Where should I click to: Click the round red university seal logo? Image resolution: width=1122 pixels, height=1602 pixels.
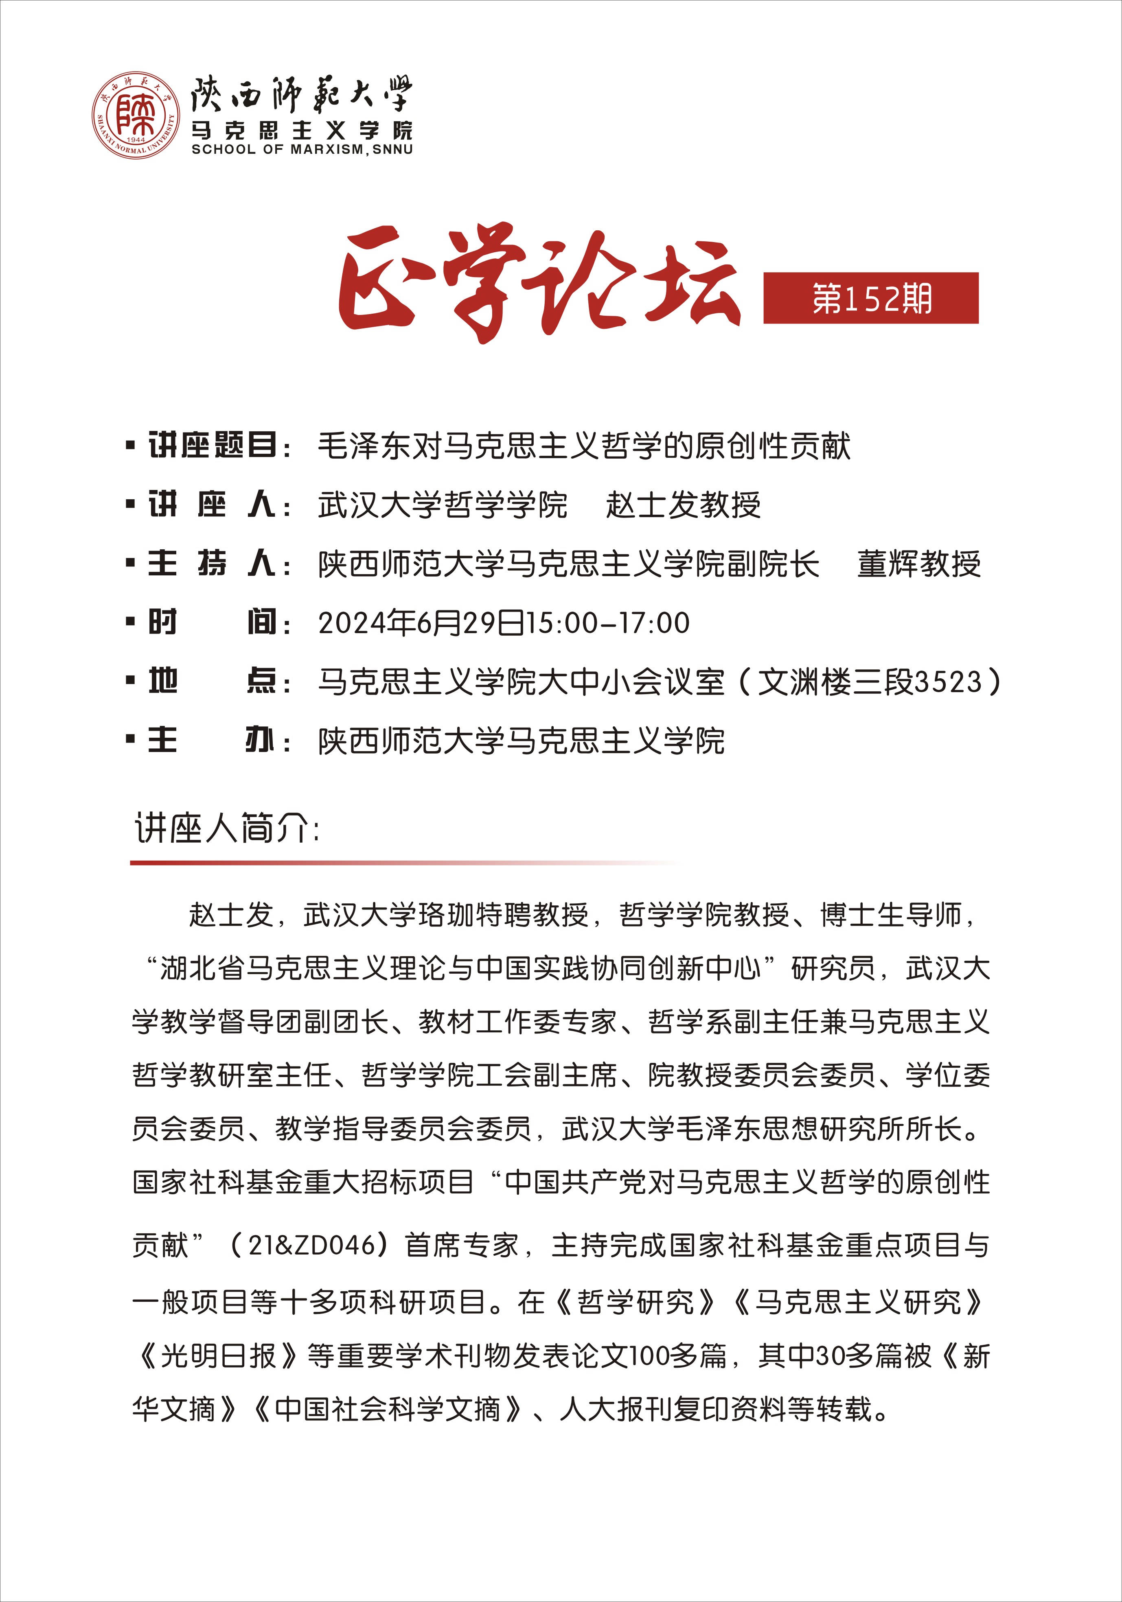coord(136,115)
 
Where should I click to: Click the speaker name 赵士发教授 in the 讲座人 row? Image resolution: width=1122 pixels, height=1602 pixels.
coord(683,505)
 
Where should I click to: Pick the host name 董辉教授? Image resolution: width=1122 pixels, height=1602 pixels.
coord(918,564)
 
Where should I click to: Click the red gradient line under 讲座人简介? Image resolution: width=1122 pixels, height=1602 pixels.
coord(349,863)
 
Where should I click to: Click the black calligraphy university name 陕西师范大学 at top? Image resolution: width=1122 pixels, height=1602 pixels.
coord(302,94)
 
